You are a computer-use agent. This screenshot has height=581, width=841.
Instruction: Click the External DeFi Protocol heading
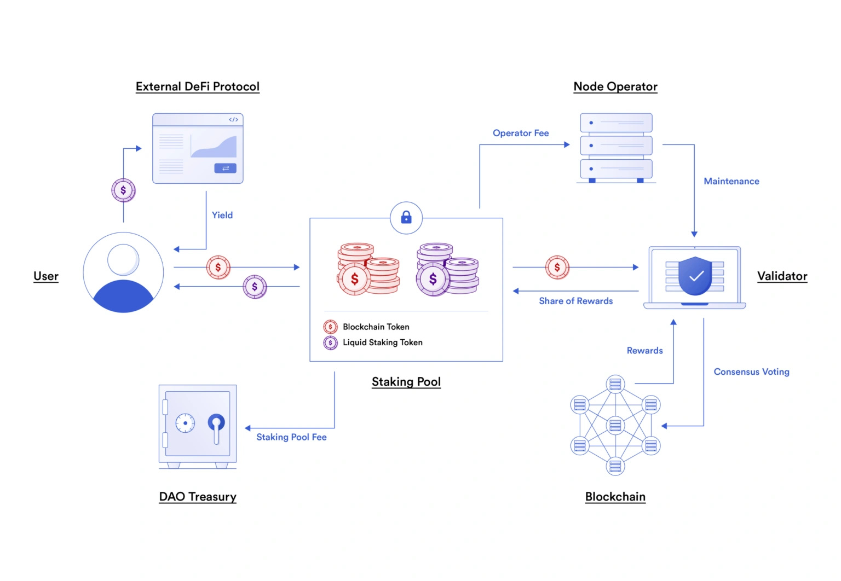[197, 86]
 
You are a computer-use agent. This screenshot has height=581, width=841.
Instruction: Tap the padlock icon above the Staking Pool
[406, 218]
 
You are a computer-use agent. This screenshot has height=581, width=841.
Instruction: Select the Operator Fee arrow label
[520, 133]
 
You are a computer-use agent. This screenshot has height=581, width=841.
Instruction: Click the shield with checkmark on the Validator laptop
[695, 276]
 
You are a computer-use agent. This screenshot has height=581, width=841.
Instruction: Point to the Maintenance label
[731, 181]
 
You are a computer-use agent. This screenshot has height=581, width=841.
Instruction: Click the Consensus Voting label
[751, 371]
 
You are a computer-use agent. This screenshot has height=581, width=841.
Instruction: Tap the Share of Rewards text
[575, 301]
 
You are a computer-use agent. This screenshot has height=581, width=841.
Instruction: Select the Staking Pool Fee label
[291, 437]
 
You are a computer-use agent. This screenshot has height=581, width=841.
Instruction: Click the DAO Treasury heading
[197, 497]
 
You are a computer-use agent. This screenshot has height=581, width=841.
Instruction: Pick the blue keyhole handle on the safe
[216, 422]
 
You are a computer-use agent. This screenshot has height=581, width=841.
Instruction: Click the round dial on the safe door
[185, 423]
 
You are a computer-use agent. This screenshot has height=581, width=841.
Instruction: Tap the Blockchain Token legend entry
[376, 327]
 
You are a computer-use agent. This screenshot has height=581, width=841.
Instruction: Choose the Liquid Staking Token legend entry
[382, 342]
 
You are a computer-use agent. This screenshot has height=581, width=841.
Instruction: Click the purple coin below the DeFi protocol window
[123, 190]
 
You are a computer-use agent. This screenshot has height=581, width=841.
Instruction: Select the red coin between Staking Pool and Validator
[557, 268]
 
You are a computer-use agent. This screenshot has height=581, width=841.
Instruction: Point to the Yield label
[222, 215]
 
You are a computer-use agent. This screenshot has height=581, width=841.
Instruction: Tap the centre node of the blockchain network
[615, 425]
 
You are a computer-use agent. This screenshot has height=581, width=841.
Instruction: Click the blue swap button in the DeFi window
[225, 168]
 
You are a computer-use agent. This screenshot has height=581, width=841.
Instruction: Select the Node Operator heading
[615, 86]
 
